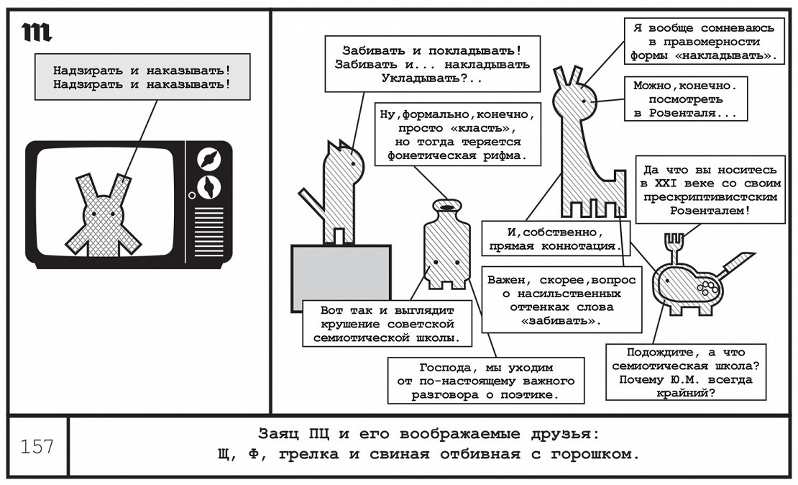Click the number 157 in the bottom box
[37, 447]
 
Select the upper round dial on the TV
[208, 158]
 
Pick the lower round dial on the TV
[208, 185]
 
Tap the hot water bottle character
[446, 248]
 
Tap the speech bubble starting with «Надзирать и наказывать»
[142, 77]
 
